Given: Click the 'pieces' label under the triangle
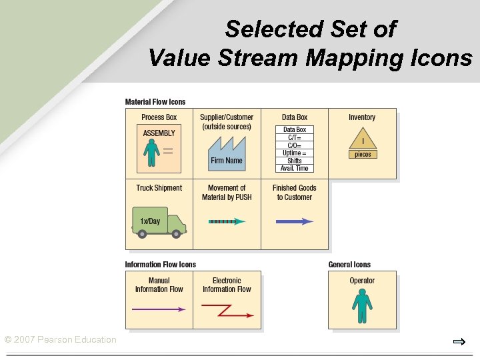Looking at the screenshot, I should pos(363,154).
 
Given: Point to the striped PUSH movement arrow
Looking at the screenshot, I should pos(227,221).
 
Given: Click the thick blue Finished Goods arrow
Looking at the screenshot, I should pos(294,221).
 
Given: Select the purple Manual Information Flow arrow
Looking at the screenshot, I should pos(159,309).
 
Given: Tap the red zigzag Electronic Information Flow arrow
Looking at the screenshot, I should pos(227,311).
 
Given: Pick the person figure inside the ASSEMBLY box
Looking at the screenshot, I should pos(153,153).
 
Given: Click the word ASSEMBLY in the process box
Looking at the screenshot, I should pos(159,133).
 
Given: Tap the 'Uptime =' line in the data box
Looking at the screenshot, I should pos(295,153).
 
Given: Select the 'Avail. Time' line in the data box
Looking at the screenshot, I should pos(295,168).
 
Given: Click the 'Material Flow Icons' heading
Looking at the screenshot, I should pos(155,102).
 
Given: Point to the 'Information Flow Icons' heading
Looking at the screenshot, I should pos(161,265).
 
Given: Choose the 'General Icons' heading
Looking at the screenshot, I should pos(349,265).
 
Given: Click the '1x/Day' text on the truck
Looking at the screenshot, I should pos(150,221).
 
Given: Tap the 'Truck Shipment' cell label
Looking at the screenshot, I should pos(159,188).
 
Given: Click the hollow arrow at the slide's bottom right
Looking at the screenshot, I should pos(459,342).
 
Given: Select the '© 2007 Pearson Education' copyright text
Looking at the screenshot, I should pos(60,340).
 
